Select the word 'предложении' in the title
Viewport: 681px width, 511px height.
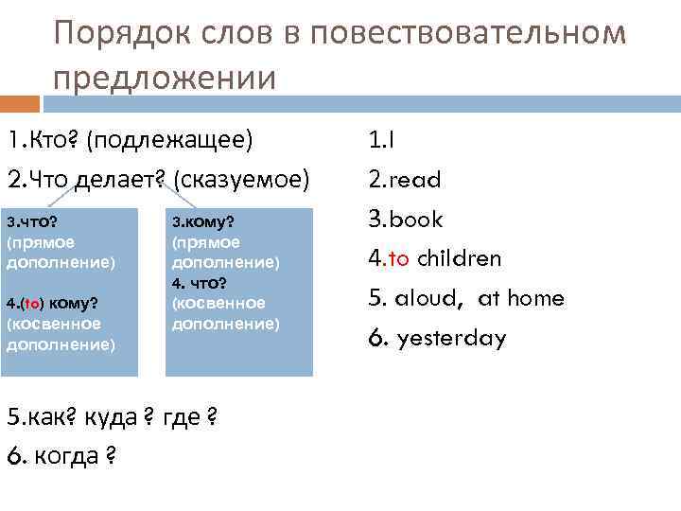click(165, 78)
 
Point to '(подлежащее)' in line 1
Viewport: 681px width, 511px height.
click(169, 141)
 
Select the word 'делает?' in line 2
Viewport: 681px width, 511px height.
click(121, 180)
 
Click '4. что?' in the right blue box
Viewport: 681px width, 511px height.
click(198, 284)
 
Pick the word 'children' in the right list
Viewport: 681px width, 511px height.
click(460, 258)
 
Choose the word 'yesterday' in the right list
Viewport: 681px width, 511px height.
click(451, 338)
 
